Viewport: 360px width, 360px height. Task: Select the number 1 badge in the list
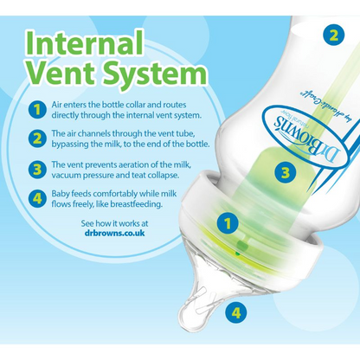tap(37, 110)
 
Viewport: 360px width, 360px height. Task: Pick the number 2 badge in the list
tap(37, 138)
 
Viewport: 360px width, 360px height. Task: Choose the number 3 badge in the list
tap(37, 170)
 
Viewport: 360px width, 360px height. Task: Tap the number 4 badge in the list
tap(37, 199)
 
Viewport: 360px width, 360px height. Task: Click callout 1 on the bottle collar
tap(228, 223)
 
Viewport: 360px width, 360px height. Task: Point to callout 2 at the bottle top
tap(334, 35)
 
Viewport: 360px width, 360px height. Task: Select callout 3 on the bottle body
tap(285, 173)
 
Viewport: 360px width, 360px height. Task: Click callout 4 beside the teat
tap(236, 312)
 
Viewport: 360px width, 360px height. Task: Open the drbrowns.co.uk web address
tap(114, 233)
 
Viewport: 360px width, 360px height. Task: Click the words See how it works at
tap(114, 223)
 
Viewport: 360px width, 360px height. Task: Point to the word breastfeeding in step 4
tap(137, 204)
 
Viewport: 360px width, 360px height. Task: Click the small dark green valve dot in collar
tap(237, 254)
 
